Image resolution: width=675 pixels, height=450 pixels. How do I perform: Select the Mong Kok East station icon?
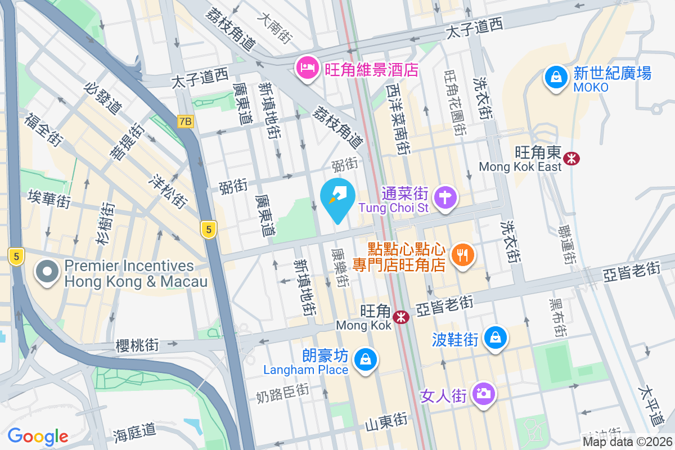(572, 159)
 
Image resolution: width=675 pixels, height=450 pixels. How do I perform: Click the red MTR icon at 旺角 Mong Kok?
(401, 317)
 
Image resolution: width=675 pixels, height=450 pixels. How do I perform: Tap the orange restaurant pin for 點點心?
(463, 256)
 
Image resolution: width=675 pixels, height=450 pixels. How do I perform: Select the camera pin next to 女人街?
(483, 393)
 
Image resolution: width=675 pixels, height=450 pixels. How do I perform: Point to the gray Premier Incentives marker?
(48, 273)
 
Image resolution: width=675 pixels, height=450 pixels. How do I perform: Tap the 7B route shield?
(185, 121)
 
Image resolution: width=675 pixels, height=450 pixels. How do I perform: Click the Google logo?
(38, 436)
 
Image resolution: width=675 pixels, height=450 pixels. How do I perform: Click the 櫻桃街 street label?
(137, 345)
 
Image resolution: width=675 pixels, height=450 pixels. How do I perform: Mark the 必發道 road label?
(102, 98)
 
